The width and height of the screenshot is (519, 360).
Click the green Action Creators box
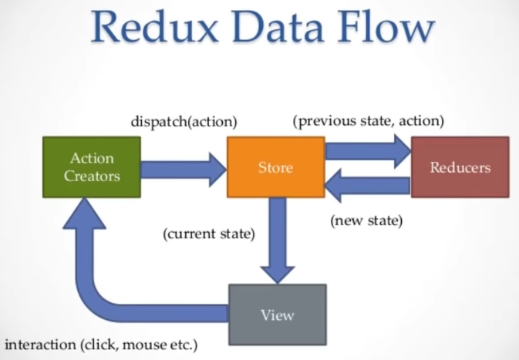point(92,167)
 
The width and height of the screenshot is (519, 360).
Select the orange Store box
point(276,167)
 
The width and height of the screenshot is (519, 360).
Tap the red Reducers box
point(460,167)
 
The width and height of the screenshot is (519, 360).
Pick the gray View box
point(278,315)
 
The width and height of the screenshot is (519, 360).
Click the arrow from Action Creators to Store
point(184,170)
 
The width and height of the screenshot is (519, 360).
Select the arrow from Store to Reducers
point(368,151)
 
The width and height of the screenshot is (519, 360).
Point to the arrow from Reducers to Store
point(368,185)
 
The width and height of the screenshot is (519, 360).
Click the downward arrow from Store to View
point(278,241)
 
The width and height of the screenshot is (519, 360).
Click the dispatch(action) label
point(184,122)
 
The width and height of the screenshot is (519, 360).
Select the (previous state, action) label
point(369,121)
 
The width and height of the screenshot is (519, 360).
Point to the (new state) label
point(366,220)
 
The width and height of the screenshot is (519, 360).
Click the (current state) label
point(209,234)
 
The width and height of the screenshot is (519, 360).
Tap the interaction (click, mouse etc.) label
point(101,345)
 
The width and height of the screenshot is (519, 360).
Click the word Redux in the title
point(155,26)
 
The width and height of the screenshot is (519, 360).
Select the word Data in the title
point(278,26)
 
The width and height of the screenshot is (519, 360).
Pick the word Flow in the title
point(386,26)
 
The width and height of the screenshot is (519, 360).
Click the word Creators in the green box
point(92,176)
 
